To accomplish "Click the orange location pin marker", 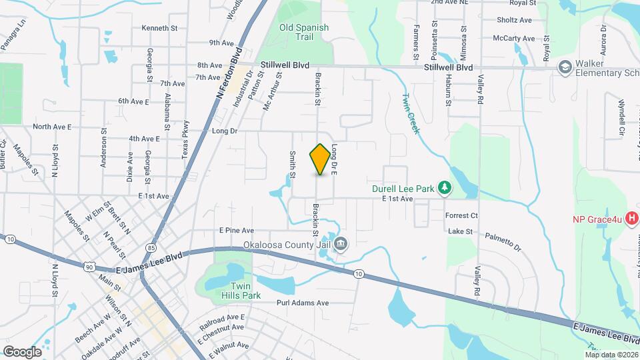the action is click(320, 159).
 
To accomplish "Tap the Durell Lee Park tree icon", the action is click(445, 189).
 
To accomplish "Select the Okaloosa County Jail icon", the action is click(341, 243).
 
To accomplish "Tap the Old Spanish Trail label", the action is click(304, 32).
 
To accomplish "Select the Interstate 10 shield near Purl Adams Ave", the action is click(359, 273).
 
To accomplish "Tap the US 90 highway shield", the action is click(89, 267).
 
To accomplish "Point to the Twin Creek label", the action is click(410, 113).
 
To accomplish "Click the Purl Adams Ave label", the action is click(303, 303).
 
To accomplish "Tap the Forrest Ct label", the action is click(463, 215).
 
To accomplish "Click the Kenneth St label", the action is click(159, 28).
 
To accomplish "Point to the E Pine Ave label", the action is click(237, 230).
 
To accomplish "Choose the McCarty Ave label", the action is click(514, 38).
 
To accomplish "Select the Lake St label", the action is click(460, 231).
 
